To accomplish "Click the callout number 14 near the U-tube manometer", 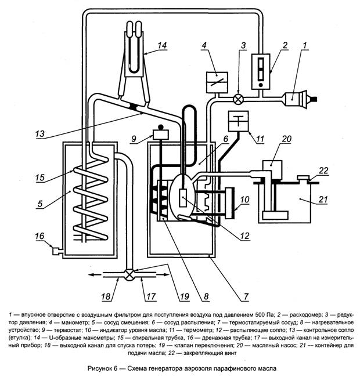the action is [162, 45].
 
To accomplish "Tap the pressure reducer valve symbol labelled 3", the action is [238, 99].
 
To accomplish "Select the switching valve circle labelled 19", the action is [129, 274].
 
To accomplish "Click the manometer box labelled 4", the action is [217, 82].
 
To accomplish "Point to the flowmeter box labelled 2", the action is [261, 71].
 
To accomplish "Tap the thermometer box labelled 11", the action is [238, 121].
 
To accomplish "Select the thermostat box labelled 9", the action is [161, 135].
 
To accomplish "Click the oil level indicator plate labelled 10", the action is [231, 203].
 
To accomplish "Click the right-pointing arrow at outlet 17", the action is [163, 274].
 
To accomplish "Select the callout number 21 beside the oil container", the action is [323, 200].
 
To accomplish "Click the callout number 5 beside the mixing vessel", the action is [39, 204].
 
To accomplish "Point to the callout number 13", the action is [40, 133].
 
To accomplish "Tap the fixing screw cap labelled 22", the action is [303, 177].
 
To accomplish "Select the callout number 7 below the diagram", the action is [246, 297].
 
